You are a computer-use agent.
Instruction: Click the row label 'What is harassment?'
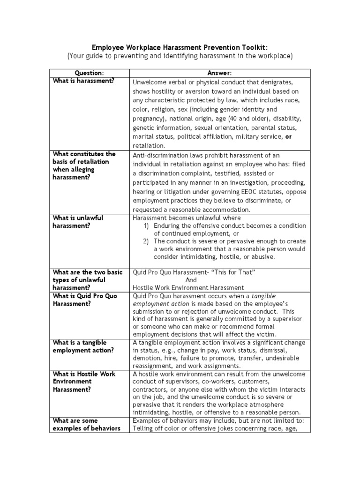83,81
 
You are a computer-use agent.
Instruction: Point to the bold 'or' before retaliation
289,136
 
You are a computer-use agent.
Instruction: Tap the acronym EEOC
235,191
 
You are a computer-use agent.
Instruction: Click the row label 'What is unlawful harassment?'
78,222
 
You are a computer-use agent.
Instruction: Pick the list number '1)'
146,226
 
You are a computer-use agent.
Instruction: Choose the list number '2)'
146,241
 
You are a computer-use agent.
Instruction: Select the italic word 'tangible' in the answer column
264,296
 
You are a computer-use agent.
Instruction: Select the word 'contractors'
150,390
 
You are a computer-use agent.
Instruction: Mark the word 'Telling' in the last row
144,428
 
